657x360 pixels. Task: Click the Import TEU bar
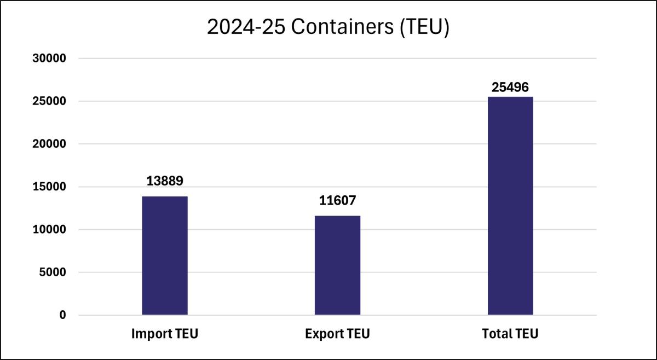coord(165,256)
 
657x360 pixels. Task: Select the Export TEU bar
coord(337,265)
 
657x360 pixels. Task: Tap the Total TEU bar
coord(510,206)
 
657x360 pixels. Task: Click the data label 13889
coord(164,181)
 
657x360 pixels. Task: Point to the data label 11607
coord(337,201)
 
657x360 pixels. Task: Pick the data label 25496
coord(510,87)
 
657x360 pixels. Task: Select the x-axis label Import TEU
coord(164,334)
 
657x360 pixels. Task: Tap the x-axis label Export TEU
coord(337,334)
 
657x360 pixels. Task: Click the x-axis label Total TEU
coord(510,334)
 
